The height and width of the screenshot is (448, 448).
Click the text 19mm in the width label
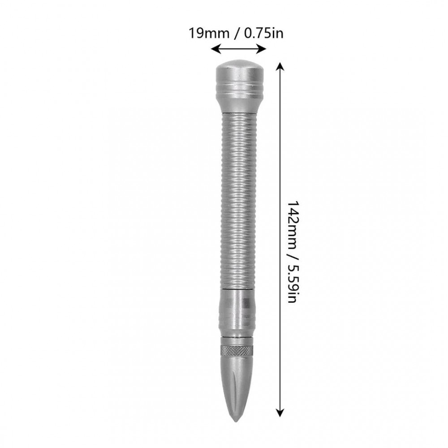click(x=209, y=33)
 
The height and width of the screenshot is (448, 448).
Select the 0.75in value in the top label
click(x=263, y=33)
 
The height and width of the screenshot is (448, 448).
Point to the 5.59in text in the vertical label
click(x=293, y=281)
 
